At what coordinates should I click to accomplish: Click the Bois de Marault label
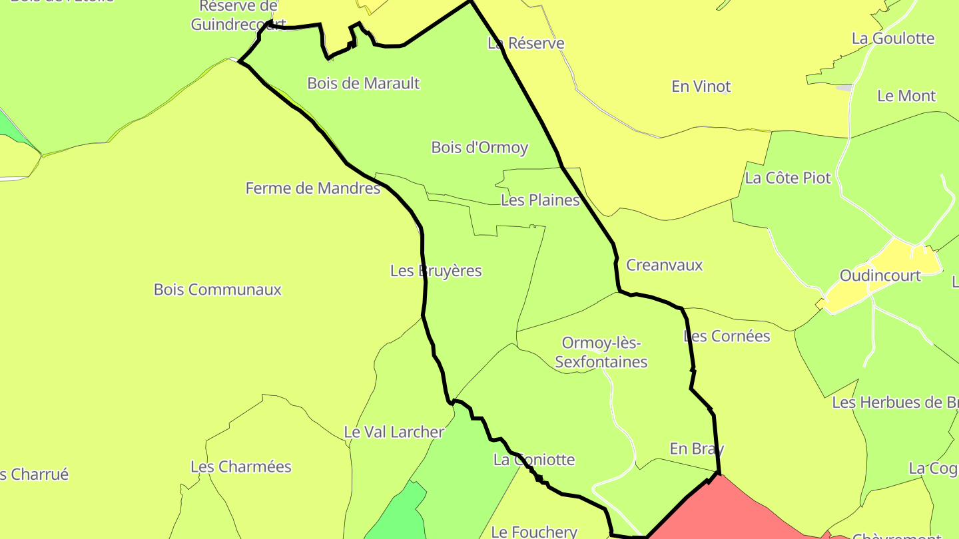click(364, 83)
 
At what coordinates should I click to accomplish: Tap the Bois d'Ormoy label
click(479, 147)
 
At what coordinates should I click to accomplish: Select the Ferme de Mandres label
click(313, 188)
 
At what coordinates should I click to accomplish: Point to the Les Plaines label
click(540, 200)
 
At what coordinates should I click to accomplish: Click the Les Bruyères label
click(436, 271)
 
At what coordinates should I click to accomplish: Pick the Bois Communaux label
click(218, 289)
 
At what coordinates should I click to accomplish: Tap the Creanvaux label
click(665, 265)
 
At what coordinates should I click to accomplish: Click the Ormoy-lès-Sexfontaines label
click(601, 353)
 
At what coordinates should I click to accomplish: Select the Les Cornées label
click(727, 336)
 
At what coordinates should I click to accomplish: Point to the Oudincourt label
click(880, 275)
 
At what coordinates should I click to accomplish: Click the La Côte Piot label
click(788, 178)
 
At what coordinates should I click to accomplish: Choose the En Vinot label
click(701, 87)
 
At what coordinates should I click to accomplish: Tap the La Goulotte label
click(893, 39)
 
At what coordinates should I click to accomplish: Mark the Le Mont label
click(906, 96)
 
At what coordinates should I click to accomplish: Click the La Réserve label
click(526, 43)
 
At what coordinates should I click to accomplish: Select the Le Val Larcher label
click(394, 432)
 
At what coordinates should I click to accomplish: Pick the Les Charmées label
click(241, 466)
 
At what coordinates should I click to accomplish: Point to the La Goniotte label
click(534, 460)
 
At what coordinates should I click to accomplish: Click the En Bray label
click(697, 449)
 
